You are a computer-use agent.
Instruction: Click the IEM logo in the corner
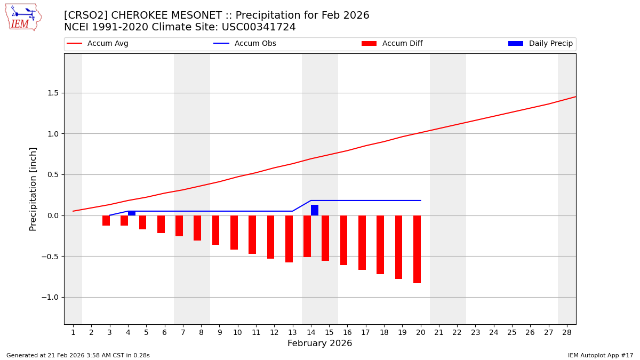(23, 17)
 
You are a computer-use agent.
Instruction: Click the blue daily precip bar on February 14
(315, 210)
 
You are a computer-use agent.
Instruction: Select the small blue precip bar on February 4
(132, 213)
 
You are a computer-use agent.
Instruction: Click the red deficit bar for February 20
(417, 249)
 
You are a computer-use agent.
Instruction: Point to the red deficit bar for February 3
(106, 220)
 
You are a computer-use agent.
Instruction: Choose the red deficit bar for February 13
(289, 239)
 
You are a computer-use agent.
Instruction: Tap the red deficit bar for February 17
(362, 243)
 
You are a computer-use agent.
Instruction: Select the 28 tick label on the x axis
(566, 332)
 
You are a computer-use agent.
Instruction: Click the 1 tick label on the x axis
(73, 332)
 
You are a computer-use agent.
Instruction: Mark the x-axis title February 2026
(319, 343)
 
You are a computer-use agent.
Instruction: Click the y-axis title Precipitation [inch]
(33, 189)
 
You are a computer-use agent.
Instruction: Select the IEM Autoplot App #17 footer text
(600, 355)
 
